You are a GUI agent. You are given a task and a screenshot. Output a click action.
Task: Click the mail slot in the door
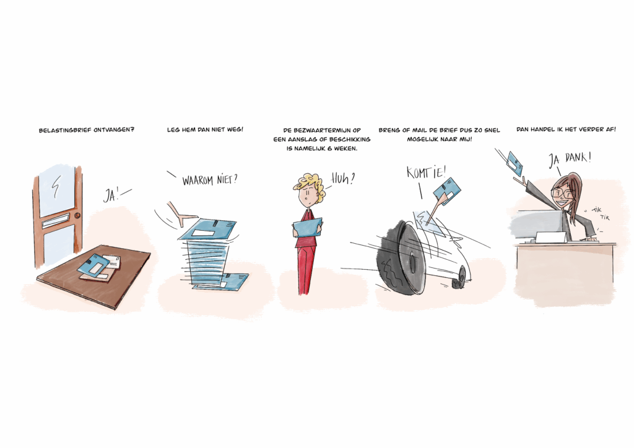point(54,221)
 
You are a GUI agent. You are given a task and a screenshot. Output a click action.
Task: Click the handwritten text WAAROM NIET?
point(209,179)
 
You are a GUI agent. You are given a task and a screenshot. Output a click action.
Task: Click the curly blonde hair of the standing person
point(310,184)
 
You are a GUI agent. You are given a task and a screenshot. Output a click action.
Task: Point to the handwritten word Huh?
point(343,178)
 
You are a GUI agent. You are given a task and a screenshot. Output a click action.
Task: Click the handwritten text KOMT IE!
point(426,172)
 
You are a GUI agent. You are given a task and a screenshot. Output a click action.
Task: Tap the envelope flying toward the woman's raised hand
point(515,163)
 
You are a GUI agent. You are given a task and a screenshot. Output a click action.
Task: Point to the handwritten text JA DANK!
point(569,159)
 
